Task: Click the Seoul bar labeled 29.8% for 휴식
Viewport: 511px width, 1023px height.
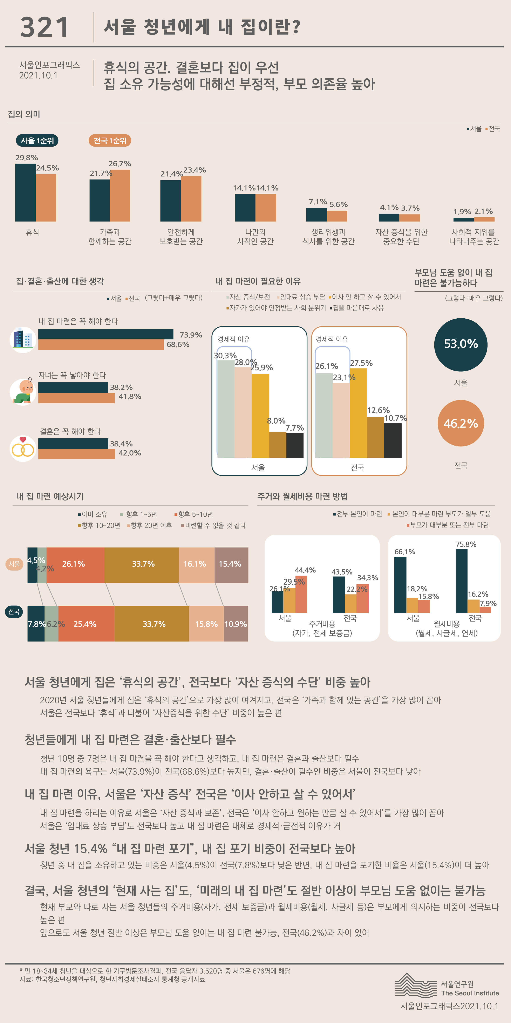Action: (x=25, y=193)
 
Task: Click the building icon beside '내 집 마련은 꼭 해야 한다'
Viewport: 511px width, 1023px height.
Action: (x=23, y=340)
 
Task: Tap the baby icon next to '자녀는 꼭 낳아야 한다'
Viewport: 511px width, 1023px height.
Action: (x=23, y=392)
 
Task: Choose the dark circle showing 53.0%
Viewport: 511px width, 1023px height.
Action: (x=461, y=344)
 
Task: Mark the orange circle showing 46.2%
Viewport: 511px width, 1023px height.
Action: (x=461, y=423)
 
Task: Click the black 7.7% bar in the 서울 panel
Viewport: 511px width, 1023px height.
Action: (x=295, y=445)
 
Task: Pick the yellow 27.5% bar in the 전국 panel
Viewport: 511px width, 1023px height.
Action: (x=358, y=413)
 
